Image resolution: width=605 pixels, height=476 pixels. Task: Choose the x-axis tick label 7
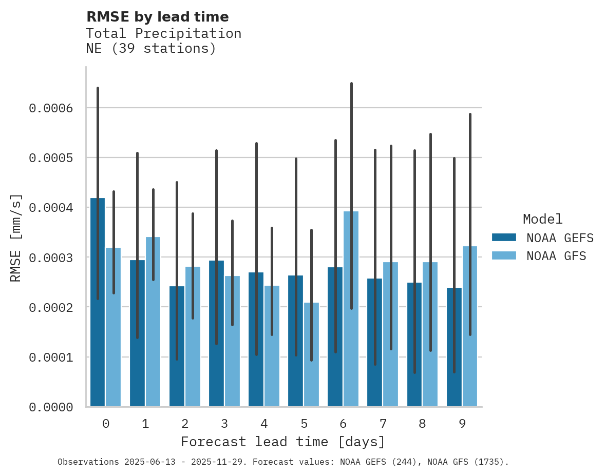click(x=383, y=424)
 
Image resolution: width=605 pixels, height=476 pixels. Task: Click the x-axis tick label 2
click(x=185, y=424)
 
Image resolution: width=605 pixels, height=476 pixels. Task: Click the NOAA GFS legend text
click(x=556, y=256)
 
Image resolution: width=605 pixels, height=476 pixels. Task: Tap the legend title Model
click(x=542, y=220)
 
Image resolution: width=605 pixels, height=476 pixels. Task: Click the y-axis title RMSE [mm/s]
click(x=16, y=238)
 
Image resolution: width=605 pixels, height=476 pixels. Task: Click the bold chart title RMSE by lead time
click(x=157, y=17)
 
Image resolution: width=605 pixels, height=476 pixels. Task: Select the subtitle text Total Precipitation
click(x=163, y=34)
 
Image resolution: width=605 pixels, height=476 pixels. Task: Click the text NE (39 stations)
click(x=150, y=49)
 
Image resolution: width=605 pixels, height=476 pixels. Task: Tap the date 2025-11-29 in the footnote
click(x=218, y=462)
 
